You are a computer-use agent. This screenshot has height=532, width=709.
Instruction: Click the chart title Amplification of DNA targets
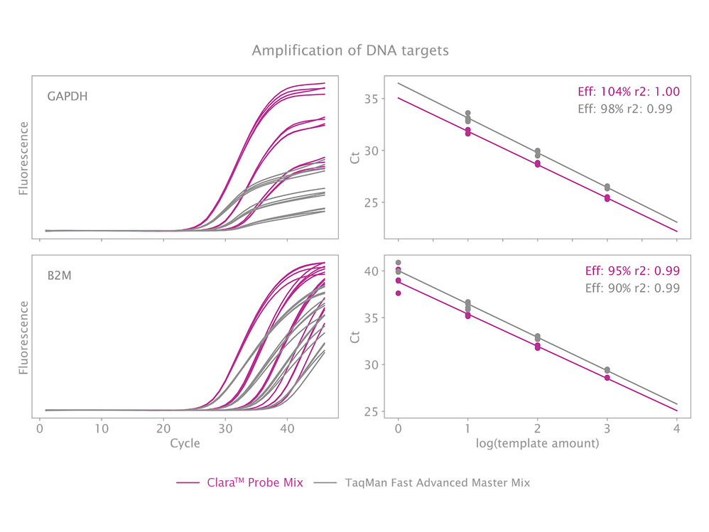pos(350,51)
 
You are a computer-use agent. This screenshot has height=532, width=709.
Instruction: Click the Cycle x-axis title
pos(185,444)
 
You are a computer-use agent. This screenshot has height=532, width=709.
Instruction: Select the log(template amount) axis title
pos(537,444)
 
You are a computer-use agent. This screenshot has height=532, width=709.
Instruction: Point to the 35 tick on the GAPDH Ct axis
pos(369,99)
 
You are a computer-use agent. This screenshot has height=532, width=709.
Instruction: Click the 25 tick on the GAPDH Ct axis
pos(369,202)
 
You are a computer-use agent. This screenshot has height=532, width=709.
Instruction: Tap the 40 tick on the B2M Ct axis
pos(369,271)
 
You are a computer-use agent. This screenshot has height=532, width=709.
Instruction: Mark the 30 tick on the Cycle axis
pos(224,429)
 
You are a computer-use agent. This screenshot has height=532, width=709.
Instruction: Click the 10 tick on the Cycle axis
pos(102,429)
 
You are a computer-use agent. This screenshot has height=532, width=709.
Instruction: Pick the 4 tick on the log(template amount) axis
pos(676,429)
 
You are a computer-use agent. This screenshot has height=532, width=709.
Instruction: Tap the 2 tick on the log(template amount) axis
pos(537,429)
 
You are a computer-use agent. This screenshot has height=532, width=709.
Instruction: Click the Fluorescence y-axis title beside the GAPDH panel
pos(23,158)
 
